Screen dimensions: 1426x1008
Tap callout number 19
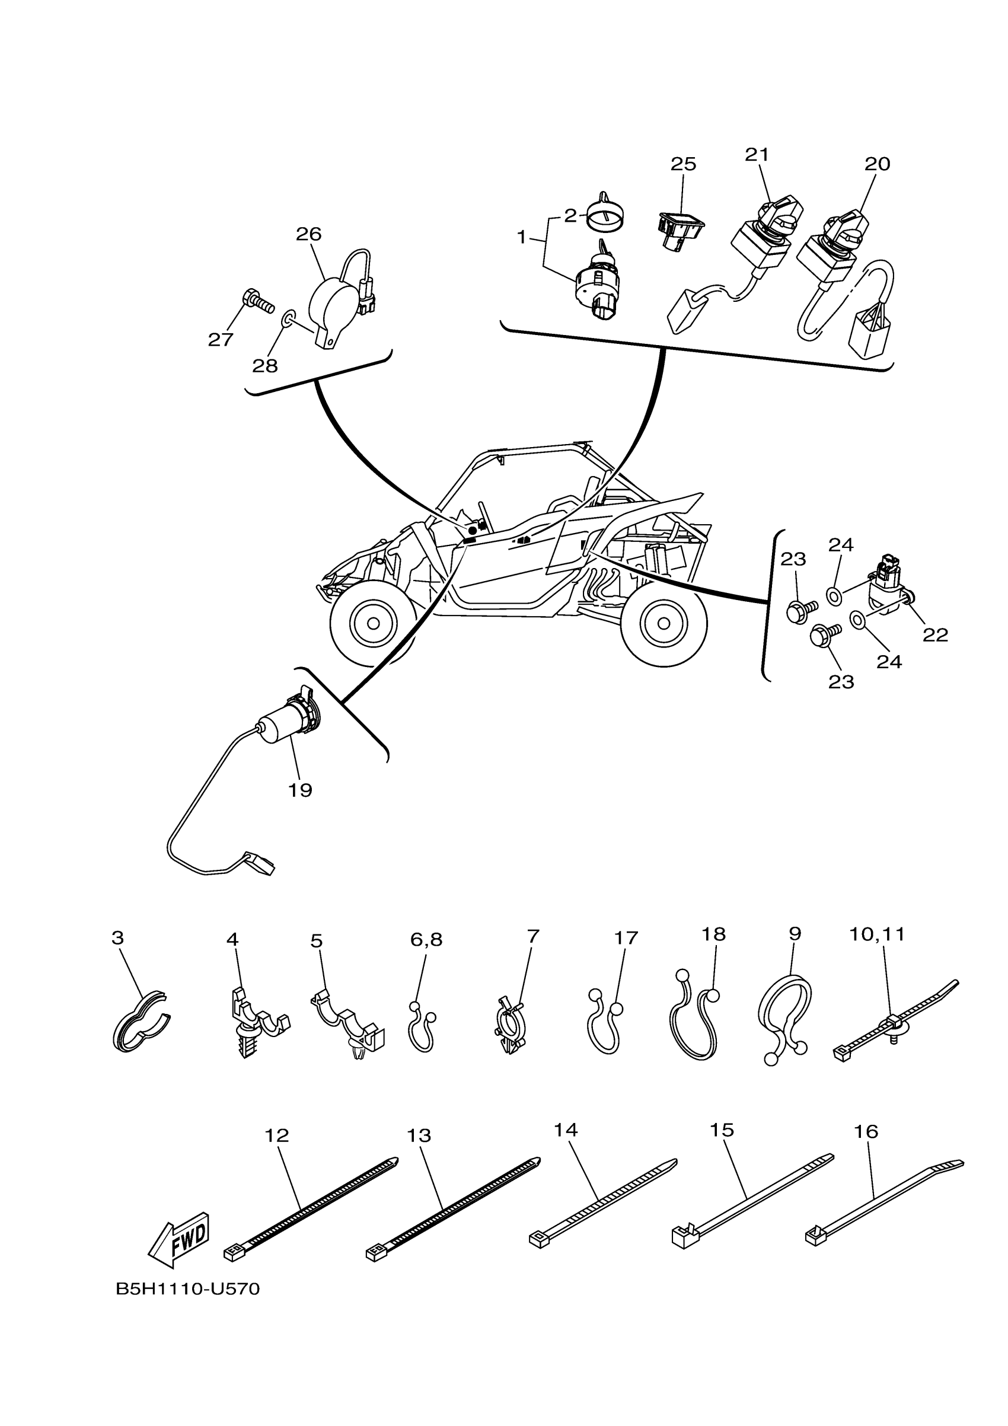300,790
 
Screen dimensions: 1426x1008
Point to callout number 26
309,234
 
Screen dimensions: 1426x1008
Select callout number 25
683,164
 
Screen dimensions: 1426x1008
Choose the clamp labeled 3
141,1025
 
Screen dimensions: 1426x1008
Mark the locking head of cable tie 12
232,1254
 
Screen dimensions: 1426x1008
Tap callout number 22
935,635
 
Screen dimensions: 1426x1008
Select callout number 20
878,164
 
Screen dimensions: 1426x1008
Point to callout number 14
566,1130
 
